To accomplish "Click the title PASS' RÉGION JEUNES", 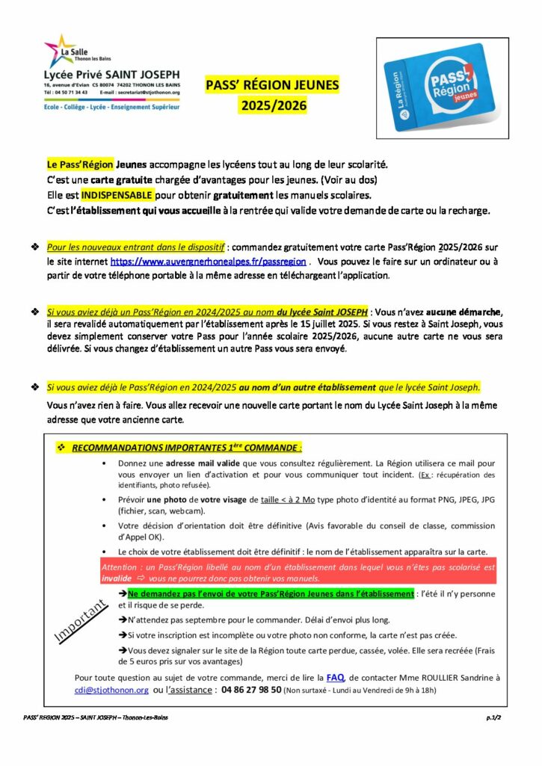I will coord(273,85).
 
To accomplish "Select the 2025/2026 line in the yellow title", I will coord(273,106).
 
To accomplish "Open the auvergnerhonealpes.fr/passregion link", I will coord(208,262).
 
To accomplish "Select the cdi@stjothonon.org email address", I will coord(111,690).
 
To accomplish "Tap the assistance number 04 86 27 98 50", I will coord(242,690).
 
